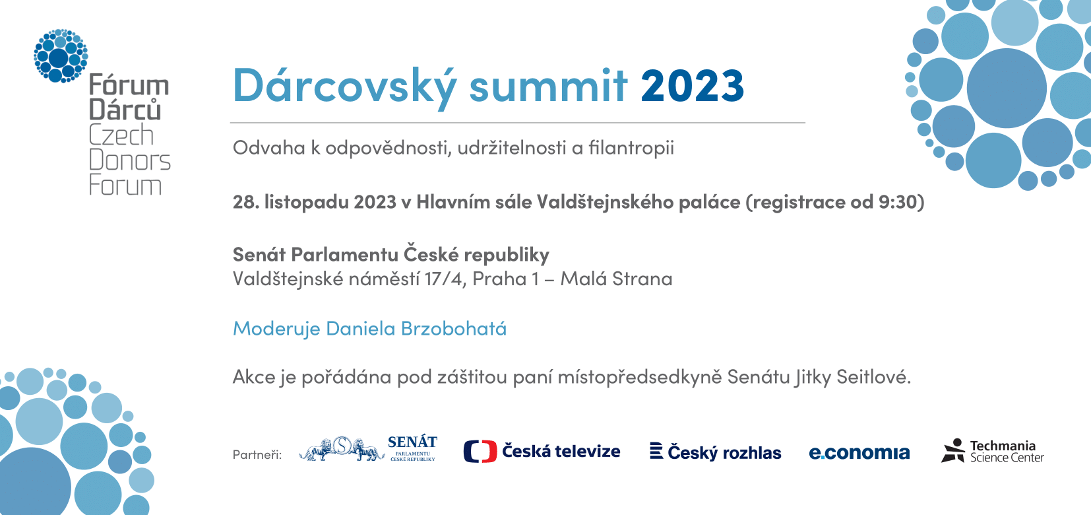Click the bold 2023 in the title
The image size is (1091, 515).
pos(692,85)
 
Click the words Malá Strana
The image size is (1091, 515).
pos(617,279)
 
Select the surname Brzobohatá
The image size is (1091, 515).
pos(453,329)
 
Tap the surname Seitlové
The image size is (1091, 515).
pos(874,377)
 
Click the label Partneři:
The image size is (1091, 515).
pos(257,455)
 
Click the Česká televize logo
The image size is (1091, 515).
pos(542,451)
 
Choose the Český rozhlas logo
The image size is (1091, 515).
pos(716,452)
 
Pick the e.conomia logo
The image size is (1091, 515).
pos(859,452)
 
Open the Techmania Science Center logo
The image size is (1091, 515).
pos(993,450)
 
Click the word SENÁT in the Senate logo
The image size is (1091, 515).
pos(412,442)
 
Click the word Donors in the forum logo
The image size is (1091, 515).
pos(129,160)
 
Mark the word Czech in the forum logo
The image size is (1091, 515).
pos(121,135)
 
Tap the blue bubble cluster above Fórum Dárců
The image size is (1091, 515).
pos(61,55)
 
